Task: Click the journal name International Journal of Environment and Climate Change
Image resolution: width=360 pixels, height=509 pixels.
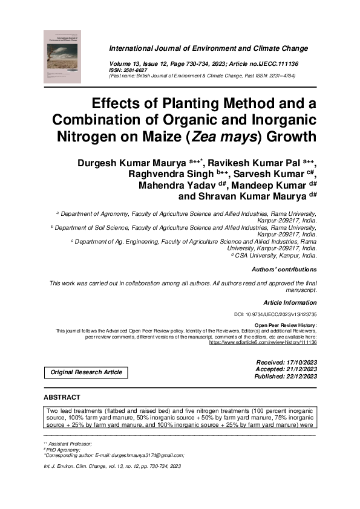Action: pos(208,48)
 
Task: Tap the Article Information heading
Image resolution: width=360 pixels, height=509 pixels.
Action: pos(290,302)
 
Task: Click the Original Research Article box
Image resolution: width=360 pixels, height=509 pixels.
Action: pos(86,372)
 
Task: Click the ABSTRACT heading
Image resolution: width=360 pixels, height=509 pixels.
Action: pos(62,397)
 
